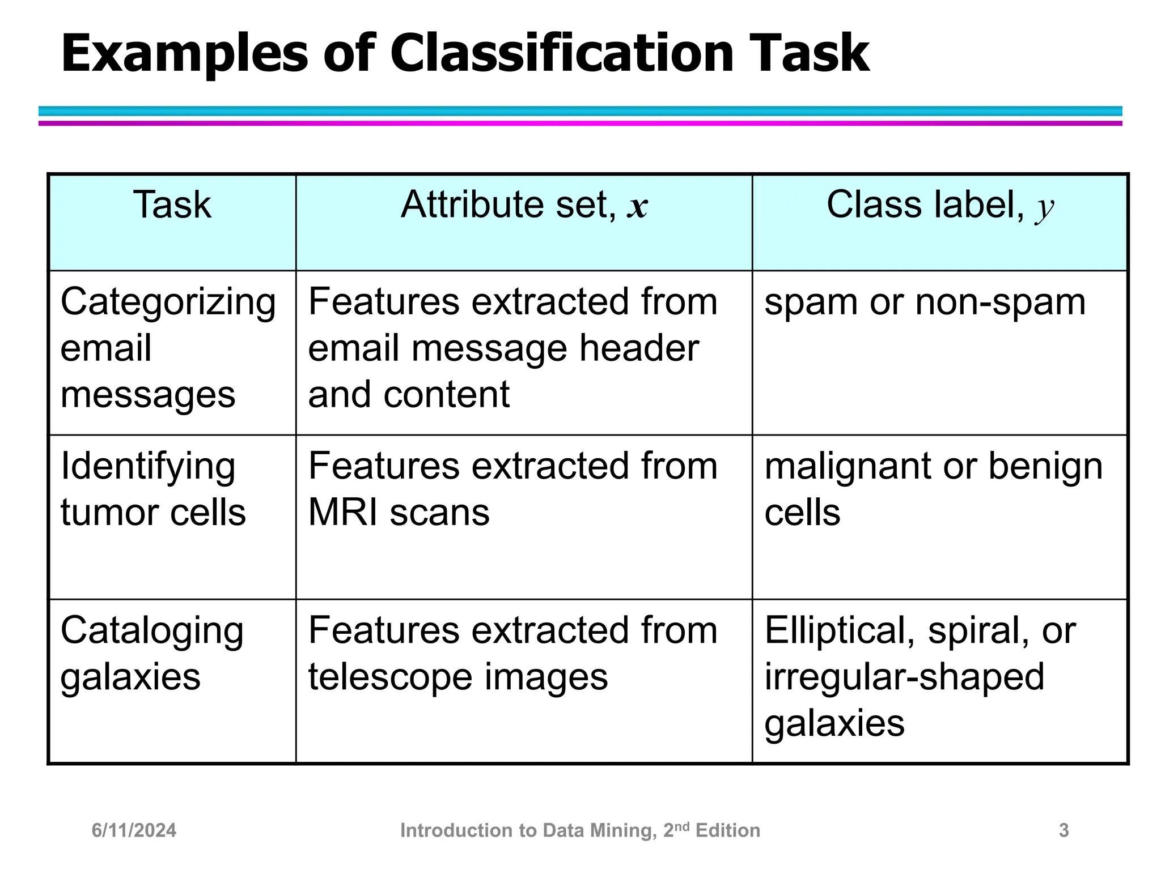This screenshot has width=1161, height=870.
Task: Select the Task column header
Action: coord(172,204)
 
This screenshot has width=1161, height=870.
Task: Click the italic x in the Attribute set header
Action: coord(637,207)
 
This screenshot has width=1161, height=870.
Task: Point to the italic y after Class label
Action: coord(1044,208)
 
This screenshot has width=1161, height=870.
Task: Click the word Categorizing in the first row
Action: coord(168,302)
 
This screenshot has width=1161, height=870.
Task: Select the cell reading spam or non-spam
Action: coord(925,302)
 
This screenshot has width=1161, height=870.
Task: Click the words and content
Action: coord(409,394)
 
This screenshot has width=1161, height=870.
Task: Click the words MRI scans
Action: coord(399,513)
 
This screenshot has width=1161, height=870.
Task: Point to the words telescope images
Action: coord(457,677)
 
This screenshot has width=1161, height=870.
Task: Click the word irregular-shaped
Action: coord(904,677)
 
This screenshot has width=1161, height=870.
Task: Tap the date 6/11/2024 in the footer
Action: coord(134,830)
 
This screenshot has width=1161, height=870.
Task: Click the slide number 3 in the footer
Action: coord(1063,830)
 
